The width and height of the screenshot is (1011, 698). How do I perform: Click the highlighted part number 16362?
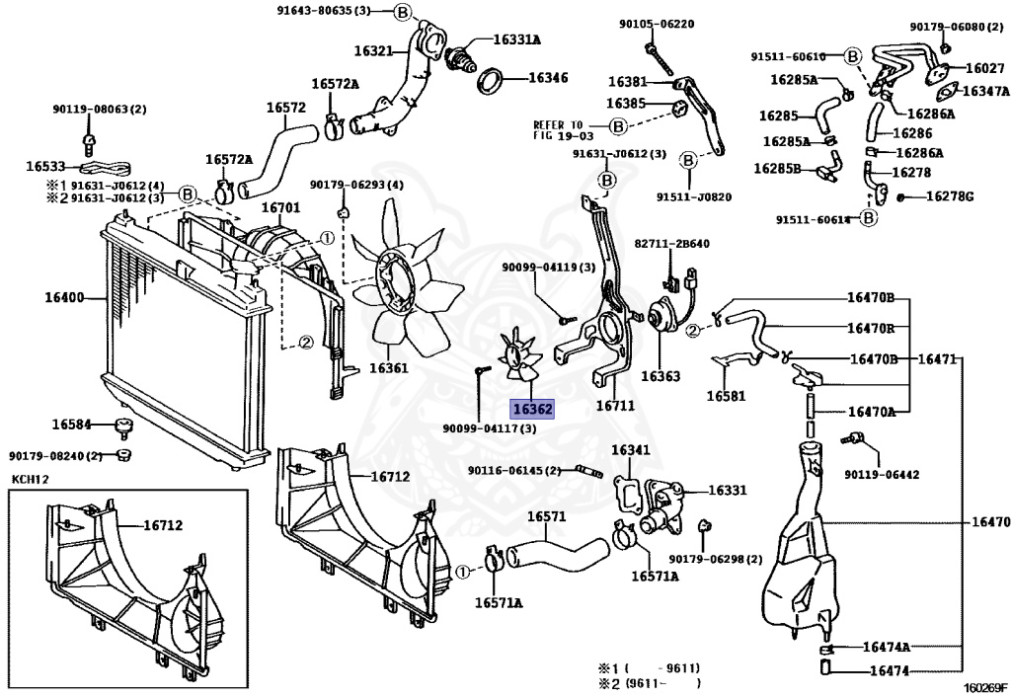click(x=531, y=408)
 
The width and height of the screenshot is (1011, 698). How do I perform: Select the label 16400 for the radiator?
click(x=64, y=298)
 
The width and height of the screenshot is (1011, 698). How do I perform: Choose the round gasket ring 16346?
click(x=490, y=79)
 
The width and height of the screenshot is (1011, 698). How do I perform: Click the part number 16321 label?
click(x=373, y=50)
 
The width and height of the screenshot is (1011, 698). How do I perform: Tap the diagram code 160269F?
click(x=983, y=687)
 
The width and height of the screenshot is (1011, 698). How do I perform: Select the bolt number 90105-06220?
click(x=657, y=24)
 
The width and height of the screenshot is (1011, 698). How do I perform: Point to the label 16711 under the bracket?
click(x=615, y=406)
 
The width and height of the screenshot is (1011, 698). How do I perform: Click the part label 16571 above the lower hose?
click(x=546, y=516)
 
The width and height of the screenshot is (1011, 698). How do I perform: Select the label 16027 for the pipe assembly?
click(x=985, y=68)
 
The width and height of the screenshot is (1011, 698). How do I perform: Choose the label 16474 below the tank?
click(x=890, y=671)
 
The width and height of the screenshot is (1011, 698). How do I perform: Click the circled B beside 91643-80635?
click(x=403, y=12)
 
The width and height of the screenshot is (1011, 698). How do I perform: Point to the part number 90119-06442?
click(x=882, y=474)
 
